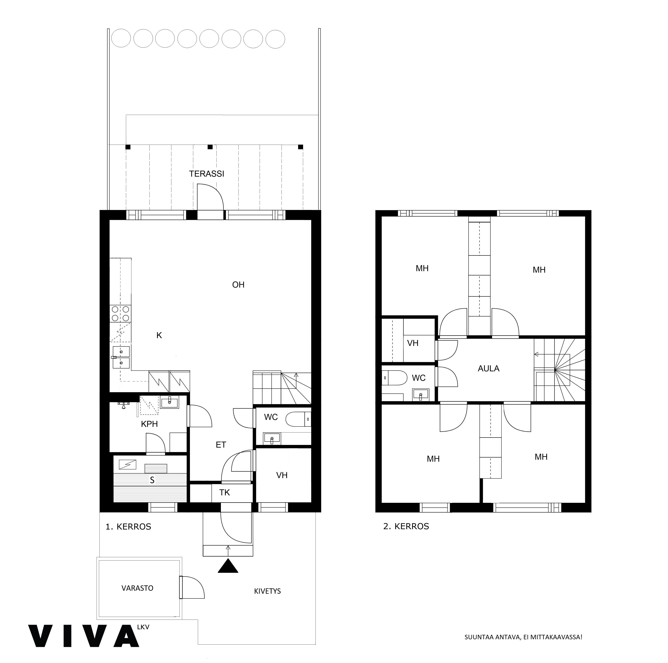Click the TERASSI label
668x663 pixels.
(206, 174)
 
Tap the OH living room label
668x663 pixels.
(238, 285)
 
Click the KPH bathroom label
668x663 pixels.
(149, 424)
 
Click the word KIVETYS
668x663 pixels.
(267, 591)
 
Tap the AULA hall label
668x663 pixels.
(489, 368)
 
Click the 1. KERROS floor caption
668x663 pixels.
(128, 527)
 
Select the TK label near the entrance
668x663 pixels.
(224, 492)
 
